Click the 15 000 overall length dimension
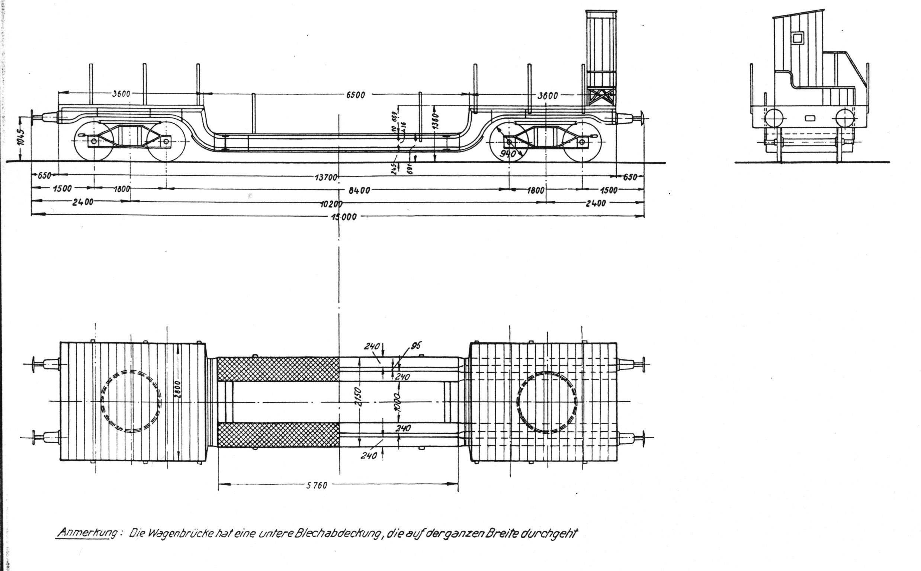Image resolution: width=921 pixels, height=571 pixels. coord(344,217)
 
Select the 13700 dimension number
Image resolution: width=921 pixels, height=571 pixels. coord(325,177)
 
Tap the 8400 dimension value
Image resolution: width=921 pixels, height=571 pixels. coord(359,190)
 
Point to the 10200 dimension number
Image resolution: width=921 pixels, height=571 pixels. coord(331,204)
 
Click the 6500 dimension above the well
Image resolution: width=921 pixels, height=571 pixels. coord(356,95)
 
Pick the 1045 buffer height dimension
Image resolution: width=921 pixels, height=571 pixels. coord(22,137)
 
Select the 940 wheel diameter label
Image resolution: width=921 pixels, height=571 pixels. coord(508,154)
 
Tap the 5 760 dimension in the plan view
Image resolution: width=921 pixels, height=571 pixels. coord(317,485)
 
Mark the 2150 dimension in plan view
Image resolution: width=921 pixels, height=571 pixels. coord(359,397)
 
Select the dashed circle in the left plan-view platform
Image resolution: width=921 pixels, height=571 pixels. coord(131,401)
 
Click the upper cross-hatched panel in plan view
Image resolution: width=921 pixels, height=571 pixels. coord(278,369)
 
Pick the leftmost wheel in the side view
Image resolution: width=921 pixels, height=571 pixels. coord(94,141)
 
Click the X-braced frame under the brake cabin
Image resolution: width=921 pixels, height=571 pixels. coord(601,97)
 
